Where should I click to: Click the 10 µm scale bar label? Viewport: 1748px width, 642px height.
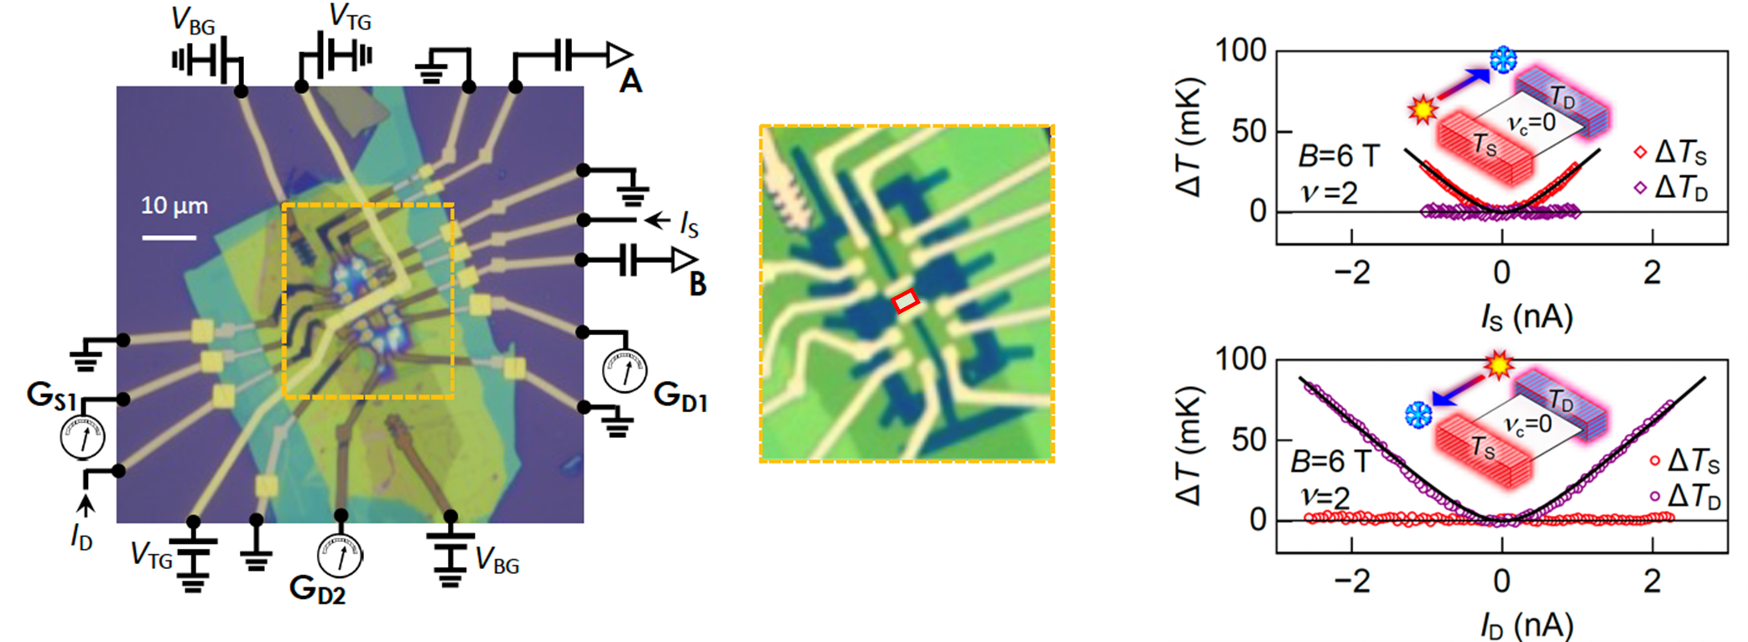(x=174, y=206)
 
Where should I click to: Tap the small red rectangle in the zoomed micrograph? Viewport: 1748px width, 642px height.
(x=905, y=301)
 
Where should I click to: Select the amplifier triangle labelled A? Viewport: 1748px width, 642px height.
(x=619, y=55)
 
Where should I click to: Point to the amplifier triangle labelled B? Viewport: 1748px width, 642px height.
(x=684, y=260)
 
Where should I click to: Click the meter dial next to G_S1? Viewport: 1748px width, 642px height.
(x=82, y=437)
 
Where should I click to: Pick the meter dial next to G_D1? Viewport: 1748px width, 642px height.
(x=625, y=371)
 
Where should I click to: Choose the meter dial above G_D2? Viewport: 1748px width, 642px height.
(x=340, y=556)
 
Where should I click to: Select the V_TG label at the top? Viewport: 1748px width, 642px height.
(x=350, y=17)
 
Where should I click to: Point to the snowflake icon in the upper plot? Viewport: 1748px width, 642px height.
(x=1503, y=60)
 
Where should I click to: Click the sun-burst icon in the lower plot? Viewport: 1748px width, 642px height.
(x=1499, y=366)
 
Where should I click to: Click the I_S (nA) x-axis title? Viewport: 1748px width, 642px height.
(x=1526, y=317)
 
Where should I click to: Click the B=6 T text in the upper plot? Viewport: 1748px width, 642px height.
(x=1338, y=156)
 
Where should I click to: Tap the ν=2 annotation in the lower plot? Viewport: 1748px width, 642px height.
(x=1325, y=498)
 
